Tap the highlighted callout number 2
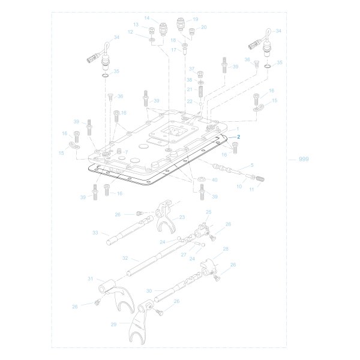pos(238,137)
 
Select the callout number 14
pos(146,19)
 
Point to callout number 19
pos(195,19)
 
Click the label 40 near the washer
pos(215,180)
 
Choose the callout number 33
pos(95,233)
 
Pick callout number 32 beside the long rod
pos(125,257)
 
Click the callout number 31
pos(91,278)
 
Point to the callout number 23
pos(182,217)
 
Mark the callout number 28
pos(226,248)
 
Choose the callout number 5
pos(251,165)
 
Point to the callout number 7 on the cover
pos(126,152)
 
